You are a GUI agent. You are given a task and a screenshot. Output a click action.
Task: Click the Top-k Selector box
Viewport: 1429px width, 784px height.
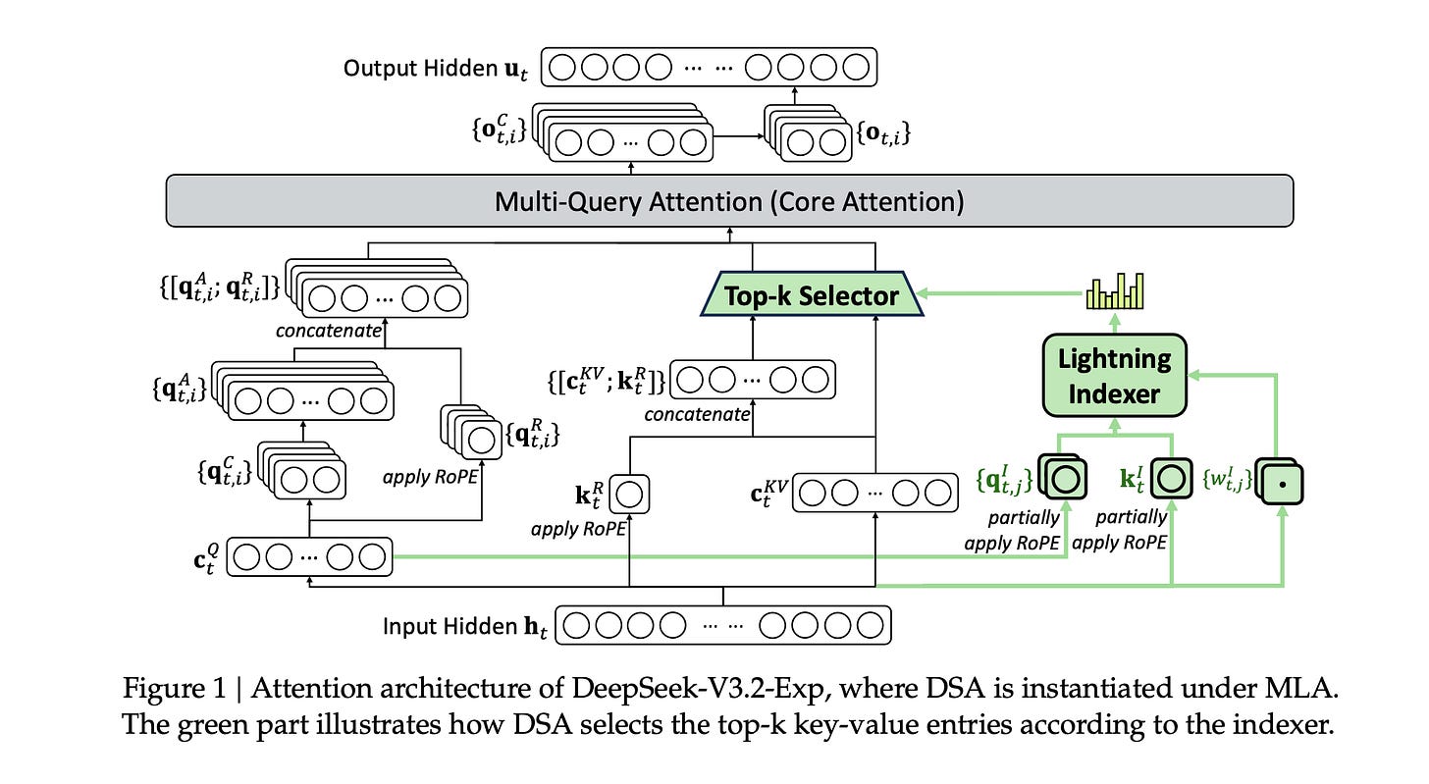point(811,295)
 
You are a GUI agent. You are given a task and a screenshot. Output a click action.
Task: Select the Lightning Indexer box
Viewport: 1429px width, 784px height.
point(1114,375)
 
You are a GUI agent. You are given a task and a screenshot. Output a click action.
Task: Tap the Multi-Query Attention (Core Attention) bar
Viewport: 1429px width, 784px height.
point(729,202)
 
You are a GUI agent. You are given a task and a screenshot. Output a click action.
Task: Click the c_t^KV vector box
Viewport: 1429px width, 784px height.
point(873,493)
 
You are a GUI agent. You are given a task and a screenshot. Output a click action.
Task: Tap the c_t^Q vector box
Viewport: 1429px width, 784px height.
point(310,556)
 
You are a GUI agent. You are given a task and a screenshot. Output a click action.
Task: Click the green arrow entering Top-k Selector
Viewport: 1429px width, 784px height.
point(991,292)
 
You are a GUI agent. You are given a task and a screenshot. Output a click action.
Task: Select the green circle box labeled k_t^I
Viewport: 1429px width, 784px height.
point(1169,480)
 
